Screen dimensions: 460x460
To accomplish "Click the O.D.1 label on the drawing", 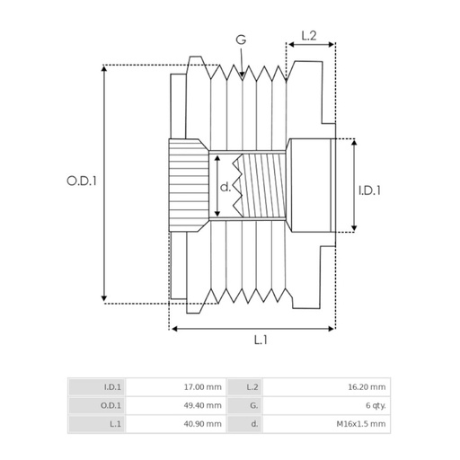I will (81, 181).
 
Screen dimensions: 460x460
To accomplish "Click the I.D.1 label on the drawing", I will (370, 190).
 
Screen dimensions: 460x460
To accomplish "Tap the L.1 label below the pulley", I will (260, 341).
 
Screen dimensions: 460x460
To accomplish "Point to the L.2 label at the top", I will (307, 36).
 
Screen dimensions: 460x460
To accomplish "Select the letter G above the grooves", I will (240, 40).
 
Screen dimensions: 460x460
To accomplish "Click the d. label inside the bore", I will (226, 188).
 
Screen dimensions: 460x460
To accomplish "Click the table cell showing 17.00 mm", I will (203, 387).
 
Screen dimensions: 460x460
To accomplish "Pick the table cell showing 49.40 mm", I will (203, 405).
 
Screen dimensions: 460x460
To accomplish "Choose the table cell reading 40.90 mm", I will (203, 422).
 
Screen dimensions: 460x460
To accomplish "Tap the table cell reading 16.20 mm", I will (368, 387).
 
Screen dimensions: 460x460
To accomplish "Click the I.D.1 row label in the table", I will (112, 387).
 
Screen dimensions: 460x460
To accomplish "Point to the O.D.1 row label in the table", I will (111, 405).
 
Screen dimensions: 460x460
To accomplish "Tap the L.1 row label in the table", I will (115, 422).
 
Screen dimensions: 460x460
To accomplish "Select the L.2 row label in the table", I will (252, 387).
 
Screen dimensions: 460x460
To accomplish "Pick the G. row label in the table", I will (254, 405).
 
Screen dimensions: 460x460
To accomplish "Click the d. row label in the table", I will (255, 422).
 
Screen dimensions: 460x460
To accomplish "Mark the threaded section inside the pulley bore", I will (261, 184).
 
